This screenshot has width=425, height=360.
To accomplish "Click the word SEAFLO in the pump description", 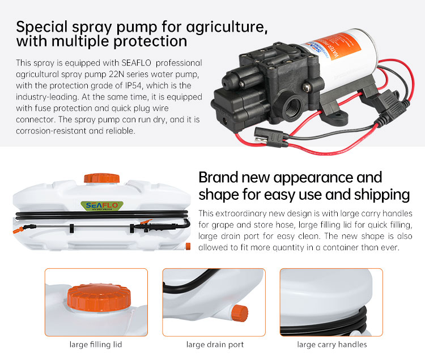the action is (136, 63).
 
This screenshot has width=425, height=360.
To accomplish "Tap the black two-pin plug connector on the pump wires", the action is (269, 137).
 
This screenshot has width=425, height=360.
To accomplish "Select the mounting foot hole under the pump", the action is (338, 116).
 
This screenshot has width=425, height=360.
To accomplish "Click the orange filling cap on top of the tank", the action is (101, 178).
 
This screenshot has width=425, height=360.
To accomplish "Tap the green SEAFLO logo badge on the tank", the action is (102, 206).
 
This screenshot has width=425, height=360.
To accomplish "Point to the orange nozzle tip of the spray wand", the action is (18, 231).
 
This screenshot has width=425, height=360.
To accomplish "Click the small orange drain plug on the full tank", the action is (188, 247).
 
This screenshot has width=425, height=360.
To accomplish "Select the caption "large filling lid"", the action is (96, 344).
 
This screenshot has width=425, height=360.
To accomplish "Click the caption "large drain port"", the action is (215, 344).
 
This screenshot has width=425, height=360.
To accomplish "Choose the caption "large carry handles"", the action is (332, 344).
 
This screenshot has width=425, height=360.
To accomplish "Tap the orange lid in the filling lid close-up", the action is (99, 297).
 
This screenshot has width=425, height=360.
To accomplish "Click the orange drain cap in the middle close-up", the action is (240, 313).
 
